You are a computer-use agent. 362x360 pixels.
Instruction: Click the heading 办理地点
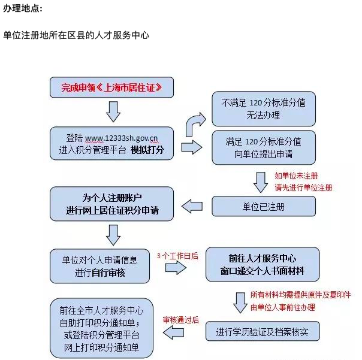23,8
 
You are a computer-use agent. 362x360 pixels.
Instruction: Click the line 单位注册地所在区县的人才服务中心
76,35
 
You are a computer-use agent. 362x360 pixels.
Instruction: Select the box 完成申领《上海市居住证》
111,87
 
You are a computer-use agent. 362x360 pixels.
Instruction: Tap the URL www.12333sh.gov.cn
122,138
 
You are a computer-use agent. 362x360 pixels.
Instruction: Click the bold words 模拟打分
147,150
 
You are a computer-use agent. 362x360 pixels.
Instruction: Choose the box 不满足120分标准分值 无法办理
264,109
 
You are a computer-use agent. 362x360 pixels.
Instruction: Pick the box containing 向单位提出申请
264,148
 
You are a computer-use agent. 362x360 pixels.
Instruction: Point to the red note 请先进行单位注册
303,187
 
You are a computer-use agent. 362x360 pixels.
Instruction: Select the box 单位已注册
264,207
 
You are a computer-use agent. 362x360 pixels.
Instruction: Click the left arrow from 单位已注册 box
192,206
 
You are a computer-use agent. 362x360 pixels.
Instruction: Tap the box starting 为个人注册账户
111,204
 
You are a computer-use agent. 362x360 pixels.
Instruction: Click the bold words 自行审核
108,273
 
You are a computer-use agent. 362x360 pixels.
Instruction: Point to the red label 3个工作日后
177,256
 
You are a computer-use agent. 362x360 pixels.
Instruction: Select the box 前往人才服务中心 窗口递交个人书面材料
263,265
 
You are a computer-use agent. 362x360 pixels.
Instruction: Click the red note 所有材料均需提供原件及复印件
300,295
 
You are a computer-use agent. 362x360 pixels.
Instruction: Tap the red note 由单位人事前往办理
282,307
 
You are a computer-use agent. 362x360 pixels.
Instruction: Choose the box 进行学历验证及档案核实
263,331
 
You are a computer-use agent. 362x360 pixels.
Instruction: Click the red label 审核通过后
181,320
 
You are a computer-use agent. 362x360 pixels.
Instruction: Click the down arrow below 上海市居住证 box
113,111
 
